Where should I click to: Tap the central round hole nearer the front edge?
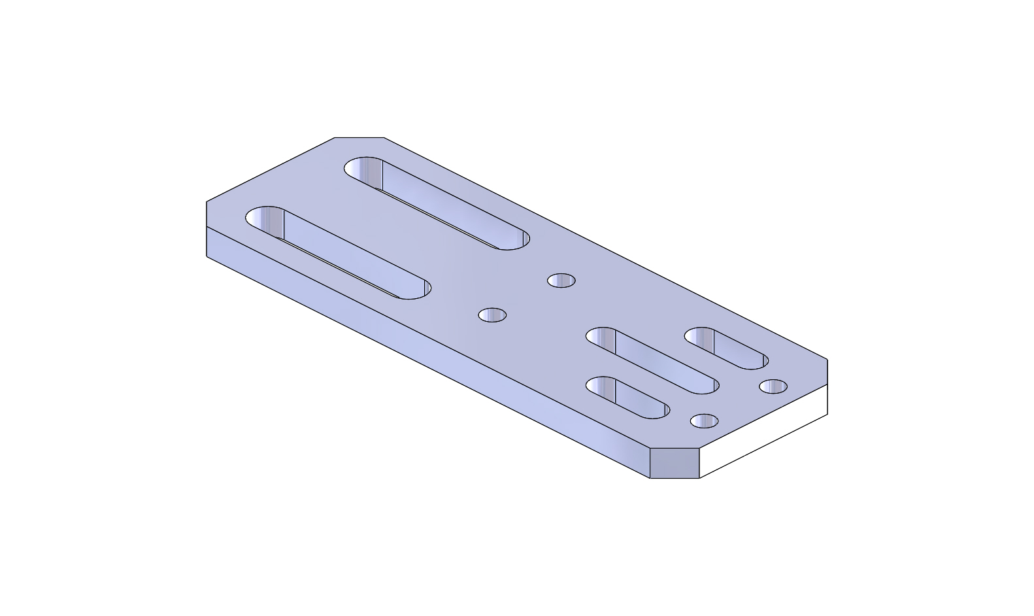tap(492, 315)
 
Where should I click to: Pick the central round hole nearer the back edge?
tap(561, 281)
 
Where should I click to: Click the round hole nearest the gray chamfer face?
tap(704, 420)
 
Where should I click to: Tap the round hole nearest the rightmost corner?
tap(773, 386)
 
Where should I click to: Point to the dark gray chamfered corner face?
tap(675, 464)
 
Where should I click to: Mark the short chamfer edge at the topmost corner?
tap(359, 137)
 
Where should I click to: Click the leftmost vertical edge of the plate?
tap(207, 229)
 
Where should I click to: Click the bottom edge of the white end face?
tap(763, 446)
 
